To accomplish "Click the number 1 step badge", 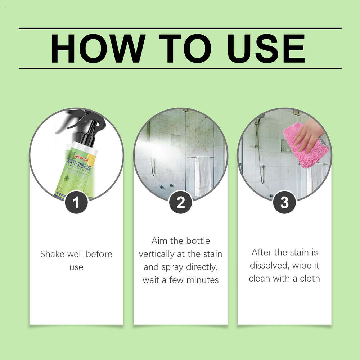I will (x=76, y=203).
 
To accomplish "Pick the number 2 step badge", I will (x=180, y=203).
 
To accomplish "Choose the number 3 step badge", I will (x=284, y=203).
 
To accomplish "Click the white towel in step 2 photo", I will (x=203, y=176).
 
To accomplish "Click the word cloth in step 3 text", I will (x=309, y=278).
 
